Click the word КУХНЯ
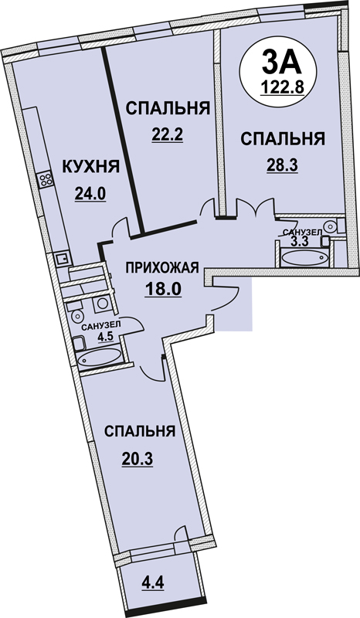[x=90, y=167]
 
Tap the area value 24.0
[x=90, y=194]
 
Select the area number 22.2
[x=167, y=135]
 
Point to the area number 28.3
[x=281, y=165]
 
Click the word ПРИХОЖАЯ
[x=161, y=268]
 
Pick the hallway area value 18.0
[x=161, y=290]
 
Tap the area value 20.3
[x=137, y=458]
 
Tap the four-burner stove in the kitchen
[x=46, y=180]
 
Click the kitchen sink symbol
[x=62, y=259]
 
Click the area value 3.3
[x=299, y=241]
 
